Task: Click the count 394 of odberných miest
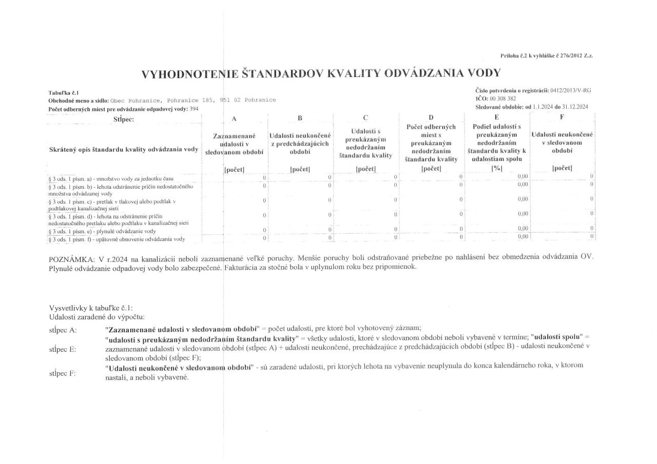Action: (194, 110)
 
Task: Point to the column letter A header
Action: (234, 118)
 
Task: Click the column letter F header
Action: (562, 117)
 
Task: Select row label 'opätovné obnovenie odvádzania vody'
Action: (116, 239)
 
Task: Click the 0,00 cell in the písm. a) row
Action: (523, 177)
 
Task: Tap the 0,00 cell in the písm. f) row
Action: (523, 236)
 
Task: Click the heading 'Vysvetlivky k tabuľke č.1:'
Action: (91, 308)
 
